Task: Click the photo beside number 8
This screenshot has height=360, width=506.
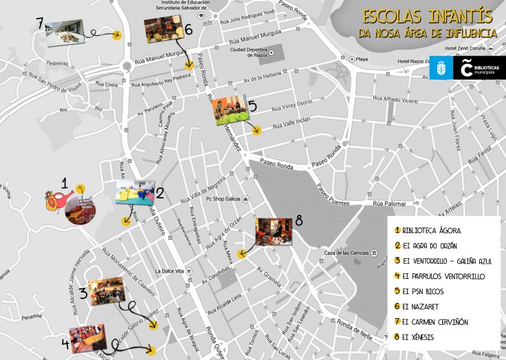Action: pyautogui.click(x=274, y=232)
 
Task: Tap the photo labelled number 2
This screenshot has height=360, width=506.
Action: pyautogui.click(x=135, y=192)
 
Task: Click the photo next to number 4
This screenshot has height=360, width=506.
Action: pyautogui.click(x=87, y=337)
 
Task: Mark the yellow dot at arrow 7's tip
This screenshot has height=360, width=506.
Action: pyautogui.click(x=118, y=35)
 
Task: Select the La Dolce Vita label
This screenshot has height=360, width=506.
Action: pyautogui.click(x=170, y=271)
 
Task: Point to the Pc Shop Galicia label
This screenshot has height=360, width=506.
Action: pyautogui.click(x=227, y=199)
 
